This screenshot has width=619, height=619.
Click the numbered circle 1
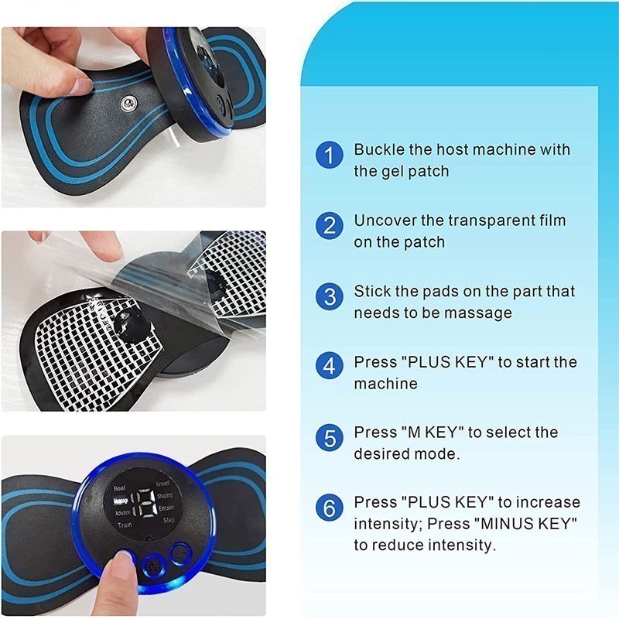tap(330, 155)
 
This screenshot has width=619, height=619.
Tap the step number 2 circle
tap(330, 226)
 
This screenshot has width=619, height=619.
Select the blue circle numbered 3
tap(330, 297)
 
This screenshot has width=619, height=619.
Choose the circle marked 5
tap(330, 438)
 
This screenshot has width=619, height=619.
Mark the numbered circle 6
tap(330, 509)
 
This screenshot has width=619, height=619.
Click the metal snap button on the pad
tap(126, 104)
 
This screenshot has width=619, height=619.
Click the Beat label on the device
tap(120, 488)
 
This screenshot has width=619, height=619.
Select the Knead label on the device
tap(162, 483)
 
